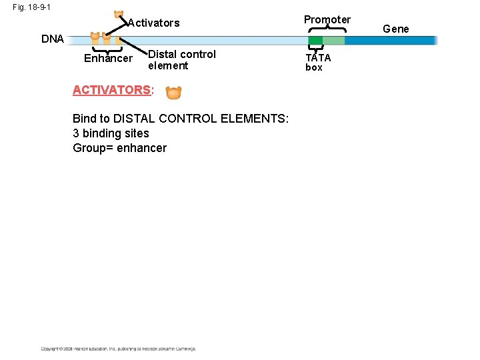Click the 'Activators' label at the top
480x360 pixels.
[154, 23]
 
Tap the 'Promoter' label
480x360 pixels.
[327, 19]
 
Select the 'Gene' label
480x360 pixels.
[396, 29]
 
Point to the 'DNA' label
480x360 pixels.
[53, 39]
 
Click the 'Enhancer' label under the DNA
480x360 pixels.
[108, 59]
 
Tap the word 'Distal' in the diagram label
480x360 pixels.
[163, 54]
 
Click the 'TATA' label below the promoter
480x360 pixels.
[318, 57]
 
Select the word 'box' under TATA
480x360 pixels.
[314, 67]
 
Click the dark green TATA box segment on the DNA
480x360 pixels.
[315, 41]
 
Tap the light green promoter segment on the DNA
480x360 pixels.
[333, 41]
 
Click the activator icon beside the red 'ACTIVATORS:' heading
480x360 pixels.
[173, 92]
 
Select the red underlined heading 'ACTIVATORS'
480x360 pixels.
[111, 90]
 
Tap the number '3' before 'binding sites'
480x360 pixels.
[76, 133]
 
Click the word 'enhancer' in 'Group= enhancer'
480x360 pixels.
[141, 148]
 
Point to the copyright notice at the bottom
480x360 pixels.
[118, 349]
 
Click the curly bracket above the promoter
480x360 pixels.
[327, 29]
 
